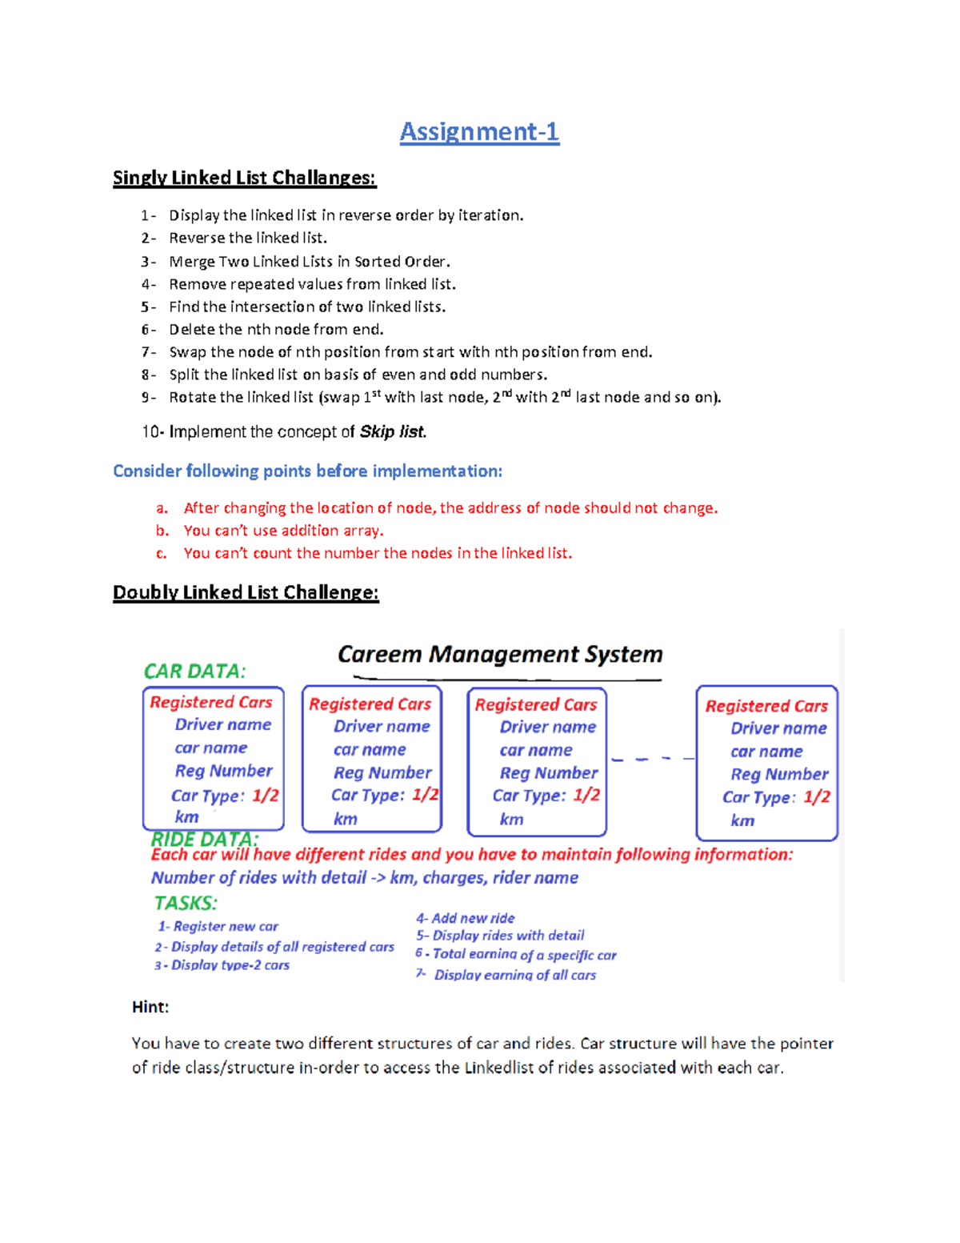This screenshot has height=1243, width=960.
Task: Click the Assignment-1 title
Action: coord(479,131)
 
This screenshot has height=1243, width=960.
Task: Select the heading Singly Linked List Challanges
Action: coord(244,178)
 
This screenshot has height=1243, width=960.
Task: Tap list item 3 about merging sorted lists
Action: coord(309,262)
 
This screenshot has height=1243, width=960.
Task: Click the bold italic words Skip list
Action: coord(392,432)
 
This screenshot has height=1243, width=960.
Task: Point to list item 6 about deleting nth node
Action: coord(276,329)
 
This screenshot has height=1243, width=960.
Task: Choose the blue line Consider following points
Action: coord(307,471)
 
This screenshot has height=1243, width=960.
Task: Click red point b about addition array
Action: coord(283,531)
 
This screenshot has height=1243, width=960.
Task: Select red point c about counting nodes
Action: coord(378,553)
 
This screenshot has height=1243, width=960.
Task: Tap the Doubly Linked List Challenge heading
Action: coord(246,592)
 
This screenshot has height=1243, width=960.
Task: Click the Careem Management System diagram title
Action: coord(500,655)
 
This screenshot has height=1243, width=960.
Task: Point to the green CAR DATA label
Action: coord(194,671)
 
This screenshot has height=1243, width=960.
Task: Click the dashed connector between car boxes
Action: coord(652,758)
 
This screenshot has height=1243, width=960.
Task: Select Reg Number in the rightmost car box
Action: coord(778,774)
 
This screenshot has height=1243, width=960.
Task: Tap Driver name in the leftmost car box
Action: coord(222,724)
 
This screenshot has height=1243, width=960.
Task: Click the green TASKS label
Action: coord(186,903)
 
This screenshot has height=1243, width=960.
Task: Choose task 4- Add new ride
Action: coord(465,918)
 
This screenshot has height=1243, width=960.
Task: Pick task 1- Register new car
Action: coord(218,926)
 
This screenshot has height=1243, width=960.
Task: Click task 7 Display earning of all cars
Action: coord(514,975)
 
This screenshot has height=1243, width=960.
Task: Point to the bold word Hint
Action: coord(150,1007)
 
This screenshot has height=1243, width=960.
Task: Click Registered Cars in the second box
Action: coord(370,704)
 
